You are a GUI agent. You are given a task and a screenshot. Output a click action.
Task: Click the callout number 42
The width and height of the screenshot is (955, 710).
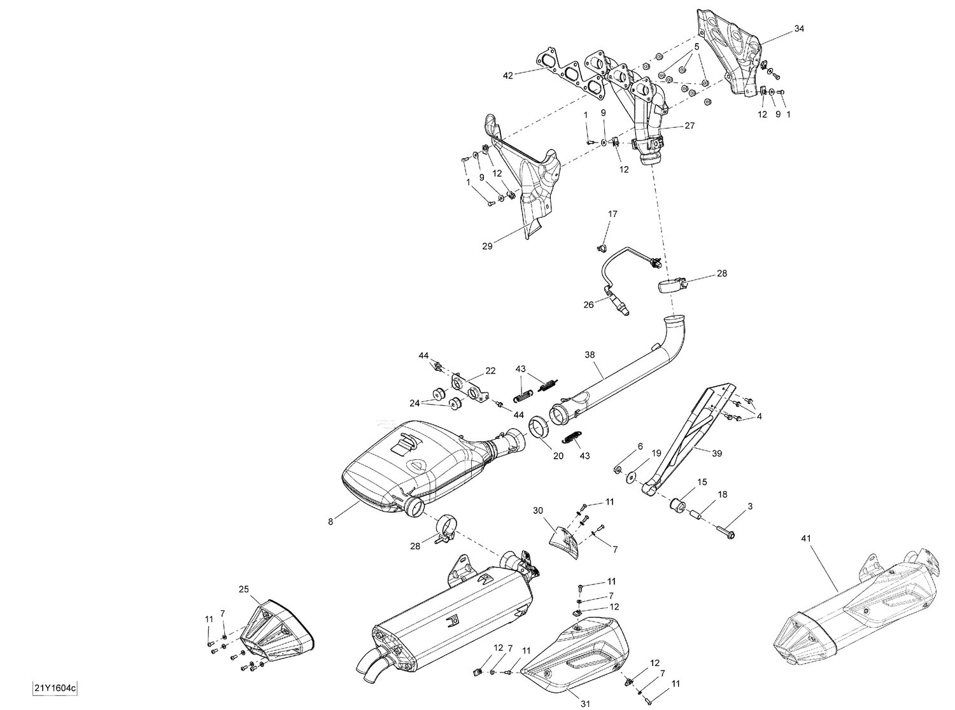coord(507,76)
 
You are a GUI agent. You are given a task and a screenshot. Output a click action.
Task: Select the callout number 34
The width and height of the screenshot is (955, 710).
coord(799,29)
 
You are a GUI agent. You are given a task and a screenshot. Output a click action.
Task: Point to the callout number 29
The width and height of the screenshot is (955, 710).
coord(488,246)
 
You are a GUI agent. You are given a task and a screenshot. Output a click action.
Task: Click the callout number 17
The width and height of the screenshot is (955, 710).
coord(612,214)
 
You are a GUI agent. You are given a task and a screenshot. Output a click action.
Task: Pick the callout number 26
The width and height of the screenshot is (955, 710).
coord(588,305)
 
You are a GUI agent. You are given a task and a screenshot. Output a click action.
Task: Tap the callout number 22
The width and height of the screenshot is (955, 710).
coord(490,371)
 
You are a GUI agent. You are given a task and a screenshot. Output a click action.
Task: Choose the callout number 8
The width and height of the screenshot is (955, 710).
coord(330,522)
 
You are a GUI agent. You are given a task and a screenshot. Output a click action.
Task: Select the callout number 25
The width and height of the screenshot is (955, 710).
coord(243,588)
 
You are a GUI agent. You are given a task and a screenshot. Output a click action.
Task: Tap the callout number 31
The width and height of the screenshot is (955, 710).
coord(586,704)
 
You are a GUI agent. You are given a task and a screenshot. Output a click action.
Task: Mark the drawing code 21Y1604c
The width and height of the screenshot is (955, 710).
coord(57,688)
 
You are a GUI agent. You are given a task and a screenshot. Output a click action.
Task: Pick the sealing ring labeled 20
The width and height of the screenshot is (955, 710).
coord(539,427)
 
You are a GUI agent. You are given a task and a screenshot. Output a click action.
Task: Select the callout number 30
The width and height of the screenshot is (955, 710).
coord(539,510)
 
